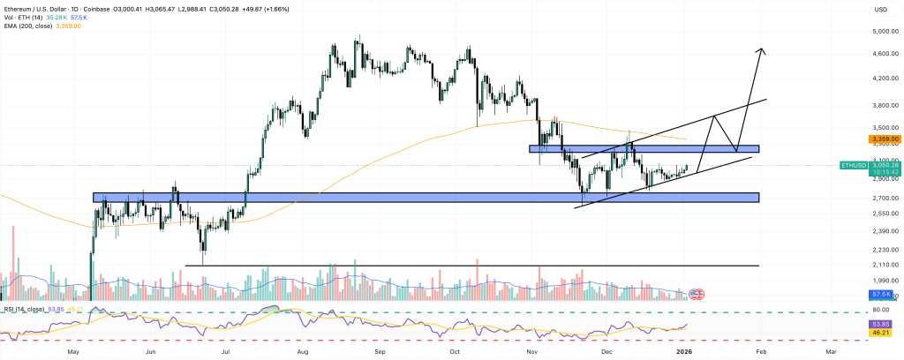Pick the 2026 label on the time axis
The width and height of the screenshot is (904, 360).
tap(683, 351)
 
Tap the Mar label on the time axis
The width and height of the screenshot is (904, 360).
tap(831, 351)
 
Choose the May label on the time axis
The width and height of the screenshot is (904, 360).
tap(73, 351)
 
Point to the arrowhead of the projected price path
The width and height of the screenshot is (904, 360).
tap(760, 49)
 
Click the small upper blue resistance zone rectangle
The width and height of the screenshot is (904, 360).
tap(644, 149)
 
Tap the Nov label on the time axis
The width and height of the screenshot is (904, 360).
tap(534, 351)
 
